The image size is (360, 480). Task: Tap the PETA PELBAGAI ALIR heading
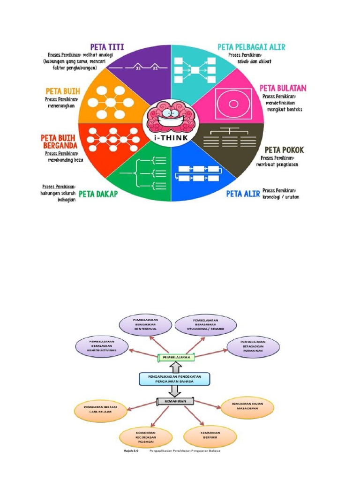click(x=251, y=47)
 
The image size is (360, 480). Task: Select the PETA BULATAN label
click(x=283, y=88)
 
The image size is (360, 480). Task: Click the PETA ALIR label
click(x=243, y=193)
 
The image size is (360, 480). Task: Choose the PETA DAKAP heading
click(x=98, y=193)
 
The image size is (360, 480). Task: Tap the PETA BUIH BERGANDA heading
click(x=59, y=141)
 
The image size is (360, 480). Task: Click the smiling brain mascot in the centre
click(x=171, y=117)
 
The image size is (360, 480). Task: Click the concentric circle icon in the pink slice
click(x=230, y=101)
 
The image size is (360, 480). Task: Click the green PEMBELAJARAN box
click(x=176, y=357)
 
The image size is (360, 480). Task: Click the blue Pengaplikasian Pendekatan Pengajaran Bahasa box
click(x=174, y=379)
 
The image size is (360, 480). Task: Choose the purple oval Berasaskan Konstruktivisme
click(x=102, y=345)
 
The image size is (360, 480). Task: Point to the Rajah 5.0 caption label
click(x=131, y=451)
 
